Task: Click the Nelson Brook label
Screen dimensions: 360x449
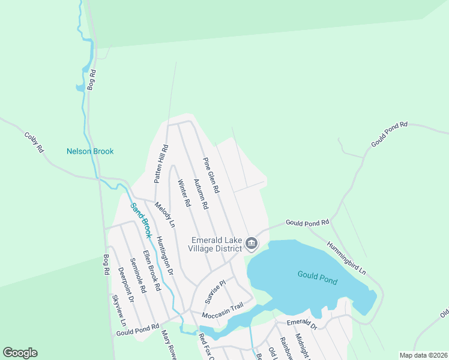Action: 90,151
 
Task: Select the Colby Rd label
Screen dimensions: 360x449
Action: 34,142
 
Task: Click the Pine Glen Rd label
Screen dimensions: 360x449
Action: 211,175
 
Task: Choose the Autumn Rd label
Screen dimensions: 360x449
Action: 200,193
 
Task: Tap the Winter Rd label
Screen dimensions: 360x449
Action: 184,194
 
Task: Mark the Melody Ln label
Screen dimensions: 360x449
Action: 164,214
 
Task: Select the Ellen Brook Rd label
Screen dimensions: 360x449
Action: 152,270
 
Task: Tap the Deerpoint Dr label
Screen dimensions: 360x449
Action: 124,282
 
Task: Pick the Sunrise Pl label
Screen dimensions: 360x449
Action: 214,291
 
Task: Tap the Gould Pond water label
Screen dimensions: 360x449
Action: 318,277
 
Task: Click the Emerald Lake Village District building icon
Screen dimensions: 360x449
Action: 252,244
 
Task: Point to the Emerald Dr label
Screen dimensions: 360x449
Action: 301,324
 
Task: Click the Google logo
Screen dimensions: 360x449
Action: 20,353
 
